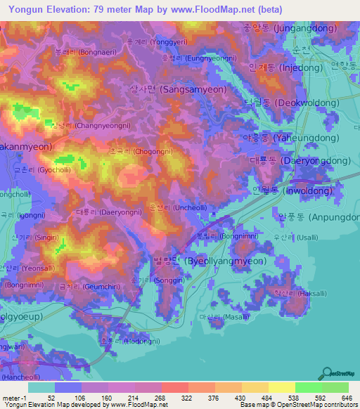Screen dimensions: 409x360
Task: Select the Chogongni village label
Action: tap(140, 151)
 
